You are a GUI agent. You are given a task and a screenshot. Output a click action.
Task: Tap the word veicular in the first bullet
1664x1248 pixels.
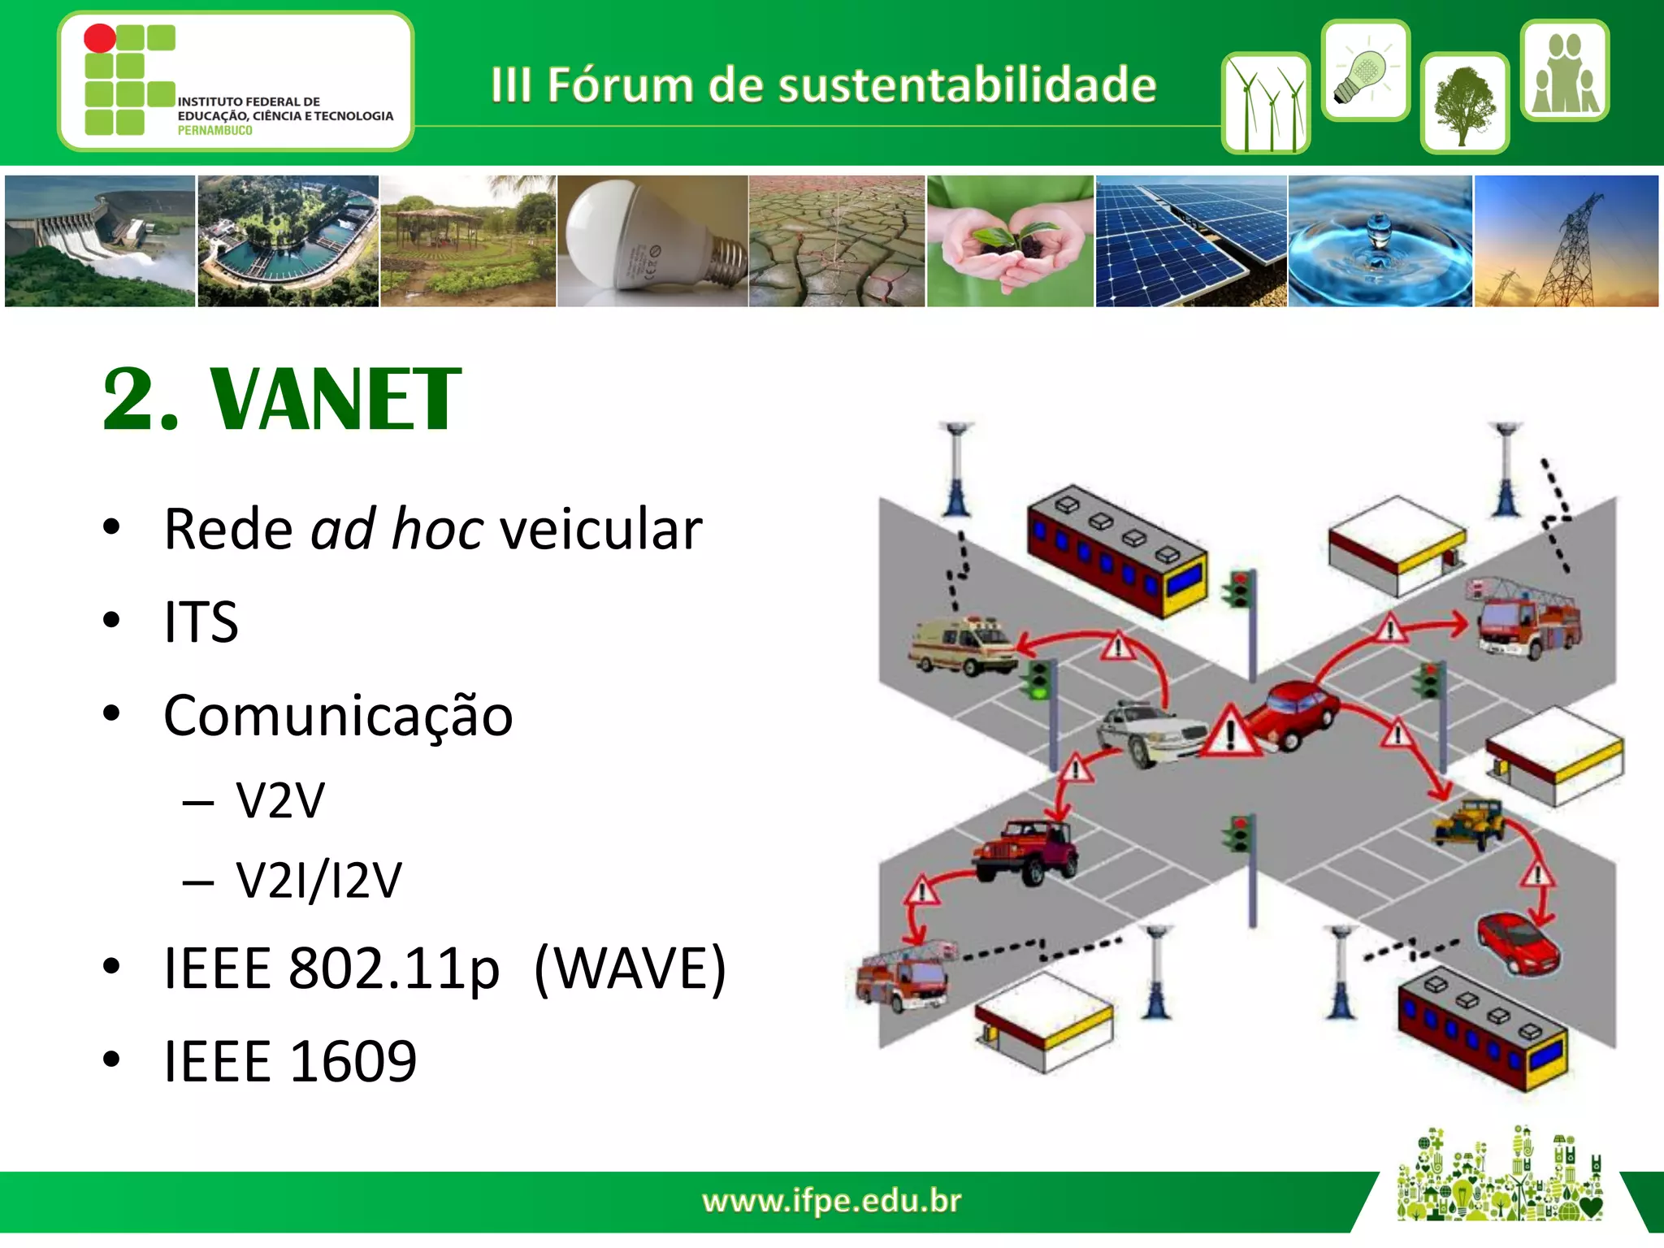click(x=600, y=530)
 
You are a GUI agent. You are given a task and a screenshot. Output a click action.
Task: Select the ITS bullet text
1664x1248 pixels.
click(x=201, y=622)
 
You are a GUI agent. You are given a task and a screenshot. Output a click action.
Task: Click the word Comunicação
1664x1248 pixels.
click(x=338, y=717)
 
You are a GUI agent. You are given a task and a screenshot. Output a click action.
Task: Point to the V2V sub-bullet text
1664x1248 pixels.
click(x=279, y=801)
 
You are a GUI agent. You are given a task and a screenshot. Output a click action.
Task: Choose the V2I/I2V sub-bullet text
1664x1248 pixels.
click(x=318, y=880)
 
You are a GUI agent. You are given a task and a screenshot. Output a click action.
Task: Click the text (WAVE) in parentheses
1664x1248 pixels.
click(x=630, y=968)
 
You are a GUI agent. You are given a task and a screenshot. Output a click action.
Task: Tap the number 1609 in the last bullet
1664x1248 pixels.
click(x=353, y=1061)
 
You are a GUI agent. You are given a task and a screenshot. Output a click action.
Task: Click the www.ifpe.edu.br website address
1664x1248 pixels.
click(x=831, y=1201)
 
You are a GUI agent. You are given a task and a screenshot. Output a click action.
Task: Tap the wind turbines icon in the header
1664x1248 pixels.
click(x=1265, y=104)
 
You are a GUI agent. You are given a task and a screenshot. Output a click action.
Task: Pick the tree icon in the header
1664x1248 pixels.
click(x=1464, y=104)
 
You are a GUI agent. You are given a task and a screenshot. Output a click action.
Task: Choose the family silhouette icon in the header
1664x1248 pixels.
click(x=1564, y=71)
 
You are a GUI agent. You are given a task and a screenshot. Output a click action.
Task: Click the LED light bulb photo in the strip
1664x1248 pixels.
click(x=652, y=241)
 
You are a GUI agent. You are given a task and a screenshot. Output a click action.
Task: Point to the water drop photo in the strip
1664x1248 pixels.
click(x=1380, y=241)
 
